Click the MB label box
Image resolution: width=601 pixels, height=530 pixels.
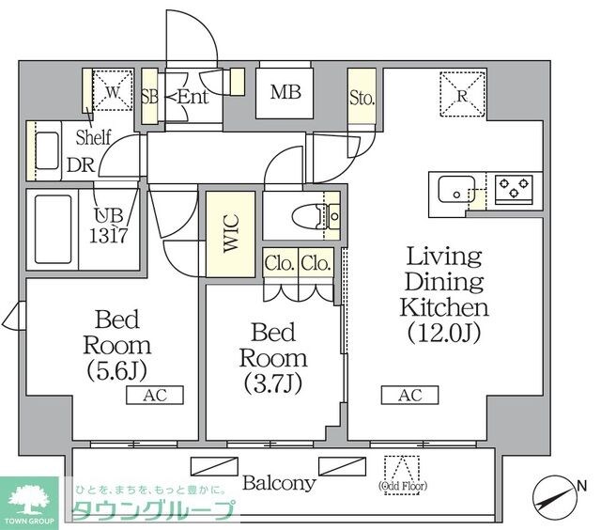tap(285, 92)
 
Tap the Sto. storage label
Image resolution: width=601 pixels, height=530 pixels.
tap(362, 98)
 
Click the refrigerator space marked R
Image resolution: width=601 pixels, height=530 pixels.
tap(463, 93)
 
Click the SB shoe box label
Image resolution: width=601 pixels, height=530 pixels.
tap(148, 94)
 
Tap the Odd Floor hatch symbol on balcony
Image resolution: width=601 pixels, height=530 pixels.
tap(405, 467)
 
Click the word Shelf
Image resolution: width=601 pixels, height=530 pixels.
tap(93, 137)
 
